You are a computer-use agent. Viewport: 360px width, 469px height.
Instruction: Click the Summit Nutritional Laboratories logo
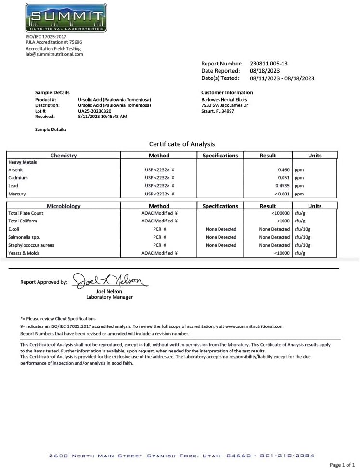point(66,18)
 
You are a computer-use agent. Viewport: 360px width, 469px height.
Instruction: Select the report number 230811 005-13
point(269,64)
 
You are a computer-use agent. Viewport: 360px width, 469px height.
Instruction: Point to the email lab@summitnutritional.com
point(54,54)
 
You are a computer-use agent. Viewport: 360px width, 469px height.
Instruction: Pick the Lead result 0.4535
point(283,186)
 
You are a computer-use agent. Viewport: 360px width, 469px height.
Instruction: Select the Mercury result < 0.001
point(282,194)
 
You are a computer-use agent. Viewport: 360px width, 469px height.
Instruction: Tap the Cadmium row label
point(18,178)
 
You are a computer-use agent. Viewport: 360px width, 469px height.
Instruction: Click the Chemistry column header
point(64,156)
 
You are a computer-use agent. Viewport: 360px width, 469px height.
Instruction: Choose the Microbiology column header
point(64,206)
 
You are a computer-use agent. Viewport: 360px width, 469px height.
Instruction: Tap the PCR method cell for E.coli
point(159,229)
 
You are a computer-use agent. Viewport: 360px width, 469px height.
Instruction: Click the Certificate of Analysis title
point(182,144)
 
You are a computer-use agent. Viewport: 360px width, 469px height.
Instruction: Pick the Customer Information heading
point(227,93)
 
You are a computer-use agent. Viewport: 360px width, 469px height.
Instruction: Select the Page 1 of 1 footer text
point(343,465)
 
